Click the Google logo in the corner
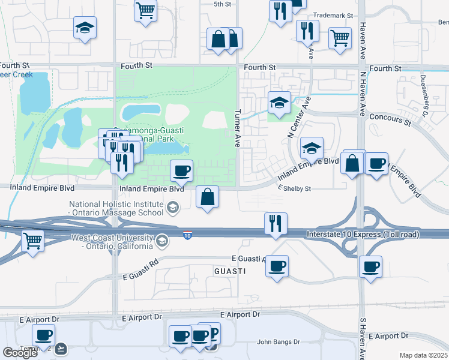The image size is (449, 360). pyautogui.click(x=20, y=353)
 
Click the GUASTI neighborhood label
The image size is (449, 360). pyautogui.click(x=230, y=271)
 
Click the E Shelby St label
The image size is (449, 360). pyautogui.click(x=294, y=188)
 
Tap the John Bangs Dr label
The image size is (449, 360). pyautogui.click(x=278, y=342)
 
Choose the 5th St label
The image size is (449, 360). pyautogui.click(x=222, y=4)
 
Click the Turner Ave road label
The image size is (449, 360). pyautogui.click(x=238, y=128)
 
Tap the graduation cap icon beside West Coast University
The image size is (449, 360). pyautogui.click(x=161, y=242)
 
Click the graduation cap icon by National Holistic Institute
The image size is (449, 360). pyautogui.click(x=172, y=208)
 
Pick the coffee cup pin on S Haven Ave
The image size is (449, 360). pyautogui.click(x=370, y=266)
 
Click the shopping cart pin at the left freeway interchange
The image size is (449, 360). pyautogui.click(x=32, y=241)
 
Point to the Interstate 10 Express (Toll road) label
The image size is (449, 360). pyautogui.click(x=362, y=234)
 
